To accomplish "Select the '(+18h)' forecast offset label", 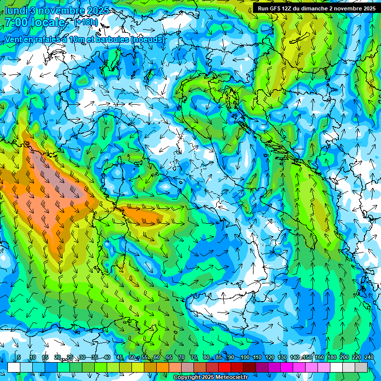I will [x=86, y=22].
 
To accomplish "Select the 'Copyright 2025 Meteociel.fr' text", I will [x=210, y=378].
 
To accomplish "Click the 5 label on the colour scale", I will [x=19, y=358].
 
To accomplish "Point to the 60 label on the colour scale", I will [x=157, y=358].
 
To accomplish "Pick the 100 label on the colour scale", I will [x=245, y=358].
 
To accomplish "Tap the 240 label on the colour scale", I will [x=369, y=358].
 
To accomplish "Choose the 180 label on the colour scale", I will [x=331, y=358].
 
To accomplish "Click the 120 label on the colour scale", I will [x=269, y=358].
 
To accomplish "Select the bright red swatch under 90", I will [x=225, y=367].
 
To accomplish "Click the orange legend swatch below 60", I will [x=163, y=367].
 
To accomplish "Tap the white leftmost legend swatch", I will [x=13, y=367].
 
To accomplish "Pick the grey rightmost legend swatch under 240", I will [x=361, y=367].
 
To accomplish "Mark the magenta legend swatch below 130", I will [x=287, y=367].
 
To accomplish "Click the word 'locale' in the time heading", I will [x=49, y=23].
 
